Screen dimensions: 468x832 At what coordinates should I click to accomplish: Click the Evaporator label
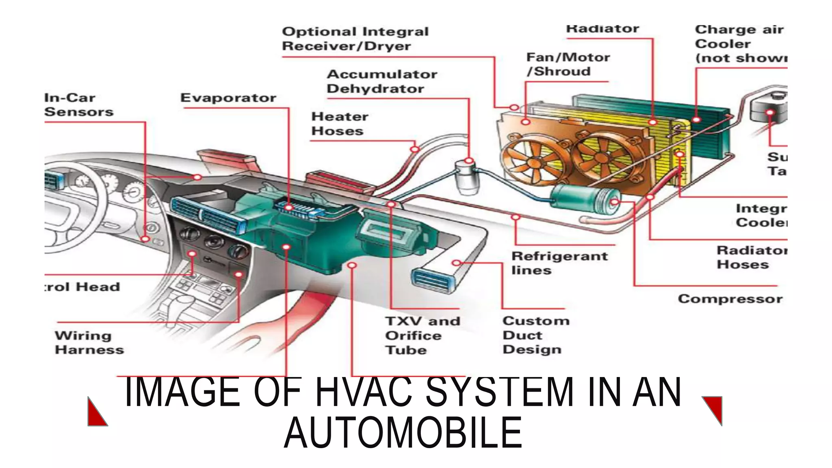(x=228, y=98)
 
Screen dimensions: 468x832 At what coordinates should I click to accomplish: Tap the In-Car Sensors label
(x=78, y=105)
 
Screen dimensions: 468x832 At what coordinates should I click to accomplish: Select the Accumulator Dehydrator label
(x=381, y=81)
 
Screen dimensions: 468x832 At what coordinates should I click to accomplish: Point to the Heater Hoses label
(x=339, y=124)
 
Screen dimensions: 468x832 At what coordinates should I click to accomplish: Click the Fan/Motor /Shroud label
(x=568, y=64)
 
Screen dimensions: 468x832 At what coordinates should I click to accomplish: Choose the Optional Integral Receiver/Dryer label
(x=355, y=39)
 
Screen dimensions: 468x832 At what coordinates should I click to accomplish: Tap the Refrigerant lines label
(x=559, y=263)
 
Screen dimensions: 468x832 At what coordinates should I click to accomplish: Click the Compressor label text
(x=730, y=299)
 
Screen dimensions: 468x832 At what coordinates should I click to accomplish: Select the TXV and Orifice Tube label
(x=422, y=335)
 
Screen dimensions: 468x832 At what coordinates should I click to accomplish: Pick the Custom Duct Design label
(x=535, y=335)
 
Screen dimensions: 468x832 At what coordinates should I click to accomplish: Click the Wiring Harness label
(x=89, y=342)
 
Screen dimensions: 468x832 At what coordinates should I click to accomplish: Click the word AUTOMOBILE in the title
(x=403, y=433)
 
